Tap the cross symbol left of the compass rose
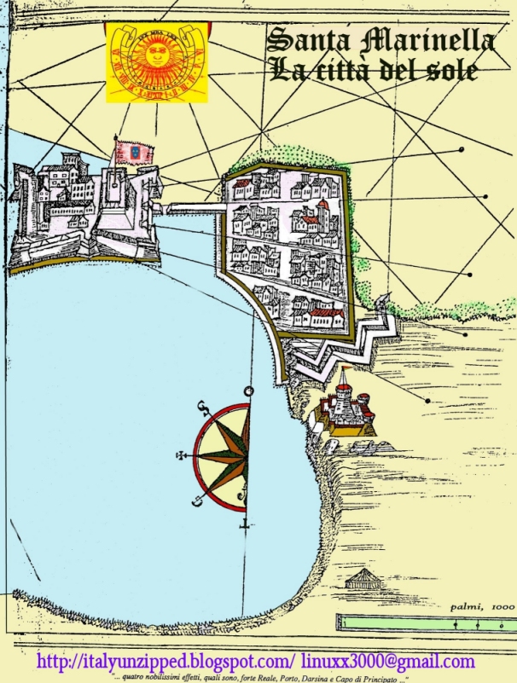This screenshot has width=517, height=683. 180,454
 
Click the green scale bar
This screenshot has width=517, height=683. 425,622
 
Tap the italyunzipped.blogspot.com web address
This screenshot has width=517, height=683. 167,662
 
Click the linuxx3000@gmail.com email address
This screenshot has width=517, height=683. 388,662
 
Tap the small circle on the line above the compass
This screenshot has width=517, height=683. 248,391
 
